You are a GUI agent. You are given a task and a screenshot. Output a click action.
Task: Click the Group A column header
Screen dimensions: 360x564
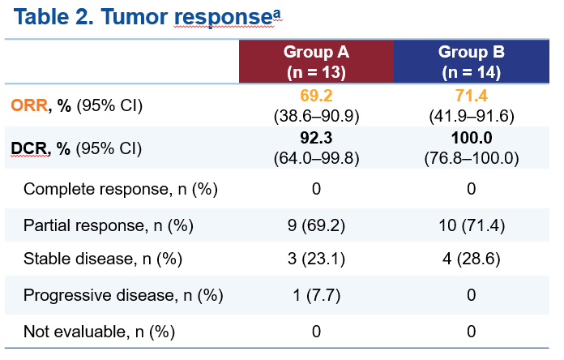pos(316,62)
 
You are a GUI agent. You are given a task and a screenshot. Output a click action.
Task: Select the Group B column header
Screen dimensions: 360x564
pos(471,62)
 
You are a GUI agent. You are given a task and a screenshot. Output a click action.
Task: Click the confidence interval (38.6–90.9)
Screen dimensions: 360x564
pos(316,114)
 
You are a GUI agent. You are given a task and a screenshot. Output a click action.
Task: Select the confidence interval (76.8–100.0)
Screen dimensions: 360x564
pos(471,156)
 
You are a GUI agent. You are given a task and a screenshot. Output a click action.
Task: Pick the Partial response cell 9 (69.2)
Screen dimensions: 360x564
pos(316,225)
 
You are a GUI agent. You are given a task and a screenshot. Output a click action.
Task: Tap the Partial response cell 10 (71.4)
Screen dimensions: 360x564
pos(471,225)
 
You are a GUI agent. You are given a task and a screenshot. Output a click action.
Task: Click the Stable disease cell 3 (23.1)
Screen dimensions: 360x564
pos(316,259)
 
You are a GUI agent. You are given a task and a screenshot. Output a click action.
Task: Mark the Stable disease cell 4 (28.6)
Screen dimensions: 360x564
pos(471,259)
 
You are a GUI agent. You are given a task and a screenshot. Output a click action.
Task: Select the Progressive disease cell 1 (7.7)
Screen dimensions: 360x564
pos(316,295)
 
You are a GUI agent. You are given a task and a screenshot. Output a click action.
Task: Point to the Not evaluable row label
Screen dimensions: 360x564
pos(99,331)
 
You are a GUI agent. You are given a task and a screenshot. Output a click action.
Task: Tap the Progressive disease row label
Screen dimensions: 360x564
pos(122,295)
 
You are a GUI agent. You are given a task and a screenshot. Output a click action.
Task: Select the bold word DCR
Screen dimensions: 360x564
pos(28,148)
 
